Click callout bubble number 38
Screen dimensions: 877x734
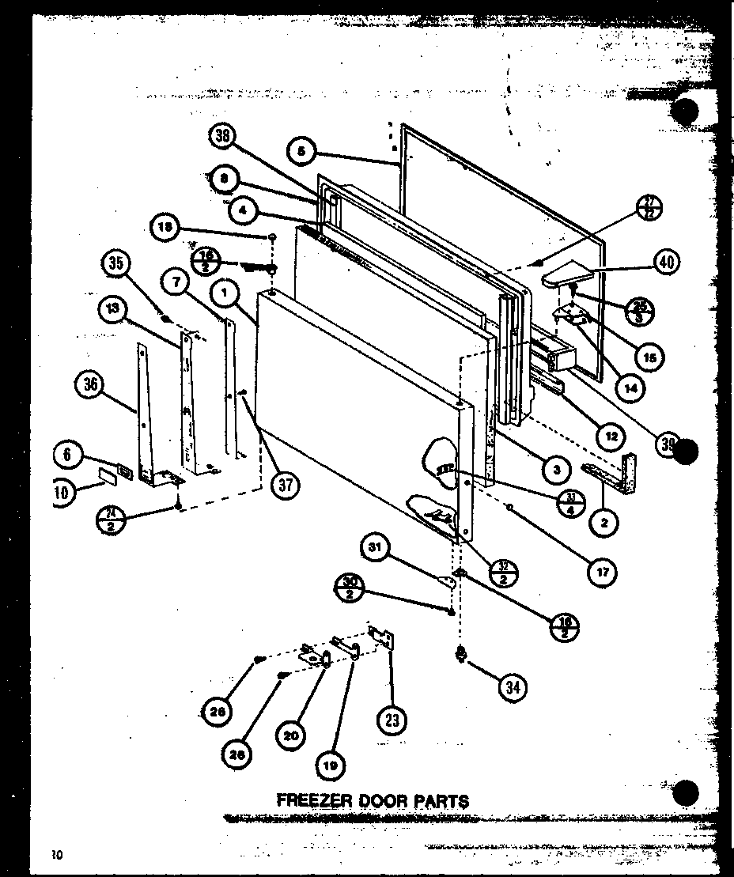[x=222, y=138]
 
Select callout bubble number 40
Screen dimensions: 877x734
[x=667, y=262]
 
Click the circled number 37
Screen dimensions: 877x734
[x=285, y=485]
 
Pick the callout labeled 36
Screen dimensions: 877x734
[x=90, y=385]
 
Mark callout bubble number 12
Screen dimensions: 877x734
[x=610, y=434]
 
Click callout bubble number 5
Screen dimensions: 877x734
[x=303, y=150]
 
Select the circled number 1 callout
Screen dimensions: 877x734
[x=225, y=296]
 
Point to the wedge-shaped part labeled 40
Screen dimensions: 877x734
[x=566, y=275]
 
